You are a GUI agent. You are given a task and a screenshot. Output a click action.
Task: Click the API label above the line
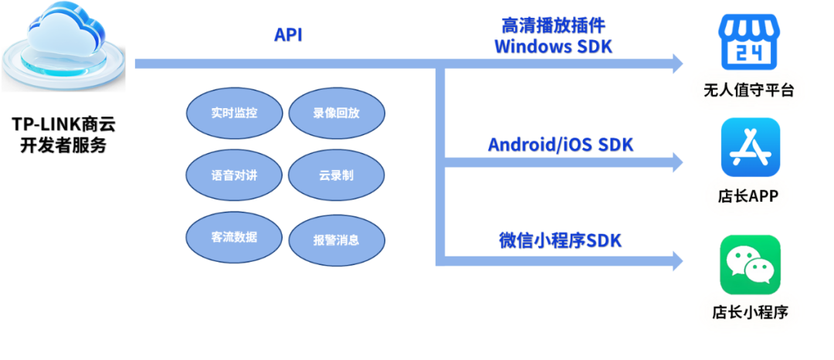click(x=287, y=35)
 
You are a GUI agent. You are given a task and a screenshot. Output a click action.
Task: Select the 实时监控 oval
click(x=234, y=113)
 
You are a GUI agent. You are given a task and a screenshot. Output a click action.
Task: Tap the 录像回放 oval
click(x=336, y=113)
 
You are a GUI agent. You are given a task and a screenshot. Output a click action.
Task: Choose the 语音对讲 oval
click(x=234, y=175)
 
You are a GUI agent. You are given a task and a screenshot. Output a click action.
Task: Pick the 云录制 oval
click(x=336, y=175)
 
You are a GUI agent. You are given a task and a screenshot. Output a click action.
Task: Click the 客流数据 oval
click(x=234, y=237)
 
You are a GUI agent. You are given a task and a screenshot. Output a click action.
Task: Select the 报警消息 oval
click(x=336, y=239)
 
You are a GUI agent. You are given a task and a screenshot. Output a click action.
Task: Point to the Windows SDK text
click(x=552, y=46)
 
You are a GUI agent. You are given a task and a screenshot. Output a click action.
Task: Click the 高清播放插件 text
click(x=552, y=25)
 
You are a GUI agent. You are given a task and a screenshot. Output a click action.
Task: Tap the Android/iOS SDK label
click(x=561, y=144)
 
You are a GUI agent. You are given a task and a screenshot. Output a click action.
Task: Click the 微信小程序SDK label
click(x=559, y=239)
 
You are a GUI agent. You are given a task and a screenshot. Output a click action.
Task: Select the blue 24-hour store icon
click(x=749, y=43)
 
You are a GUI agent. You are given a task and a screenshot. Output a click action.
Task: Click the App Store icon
click(x=750, y=147)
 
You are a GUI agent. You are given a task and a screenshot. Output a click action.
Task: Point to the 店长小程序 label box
click(x=750, y=313)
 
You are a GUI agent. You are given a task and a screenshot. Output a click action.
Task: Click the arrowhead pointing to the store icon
click(x=676, y=63)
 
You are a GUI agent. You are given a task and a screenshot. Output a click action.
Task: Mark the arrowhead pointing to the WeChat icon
click(x=676, y=260)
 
